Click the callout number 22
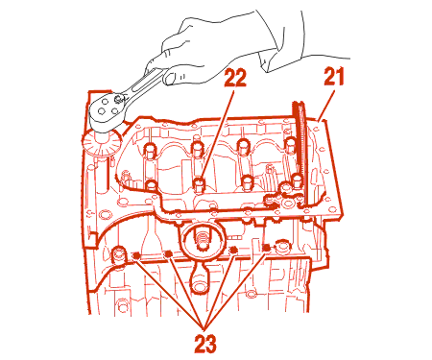pyautogui.click(x=235, y=78)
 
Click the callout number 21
pyautogui.click(x=333, y=77)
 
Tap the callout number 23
pyautogui.click(x=205, y=343)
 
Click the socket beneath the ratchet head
pyautogui.click(x=102, y=143)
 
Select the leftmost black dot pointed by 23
pyautogui.click(x=136, y=255)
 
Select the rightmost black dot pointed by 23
pyautogui.click(x=265, y=247)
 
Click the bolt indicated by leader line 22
pyautogui.click(x=200, y=185)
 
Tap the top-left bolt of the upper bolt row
pyautogui.click(x=150, y=151)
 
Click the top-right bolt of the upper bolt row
pyautogui.click(x=291, y=145)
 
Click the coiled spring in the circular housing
pyautogui.click(x=203, y=241)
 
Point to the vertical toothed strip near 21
pyautogui.click(x=300, y=154)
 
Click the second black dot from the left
pyautogui.click(x=168, y=253)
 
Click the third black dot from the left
pyautogui.click(x=233, y=249)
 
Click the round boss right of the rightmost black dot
pyautogui.click(x=282, y=246)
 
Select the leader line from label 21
pyautogui.click(x=326, y=106)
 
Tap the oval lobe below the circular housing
pyautogui.click(x=199, y=279)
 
